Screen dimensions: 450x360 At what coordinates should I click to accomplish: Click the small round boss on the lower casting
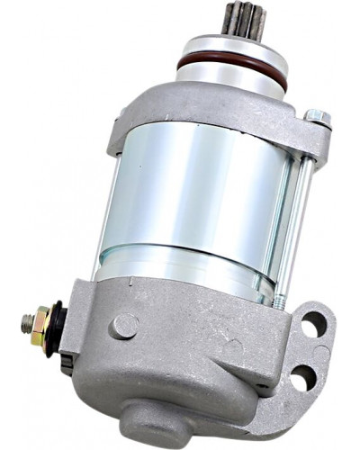coord(123,326)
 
